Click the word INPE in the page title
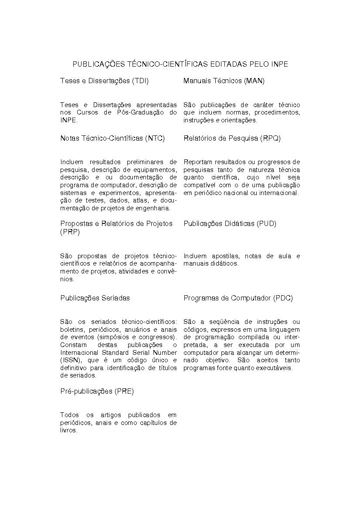[x=279, y=64]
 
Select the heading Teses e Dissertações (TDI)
[x=107, y=81]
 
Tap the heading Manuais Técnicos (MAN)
[x=224, y=81]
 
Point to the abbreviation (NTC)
[x=155, y=138]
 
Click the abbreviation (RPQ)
[x=270, y=138]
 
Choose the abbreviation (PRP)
[x=70, y=232]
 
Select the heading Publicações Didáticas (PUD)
[x=230, y=224]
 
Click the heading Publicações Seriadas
[x=95, y=298]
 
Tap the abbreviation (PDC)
[x=283, y=298]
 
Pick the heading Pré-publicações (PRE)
[x=97, y=391]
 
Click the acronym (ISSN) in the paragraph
[x=70, y=360]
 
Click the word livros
[x=68, y=430]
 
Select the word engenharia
[x=153, y=209]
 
